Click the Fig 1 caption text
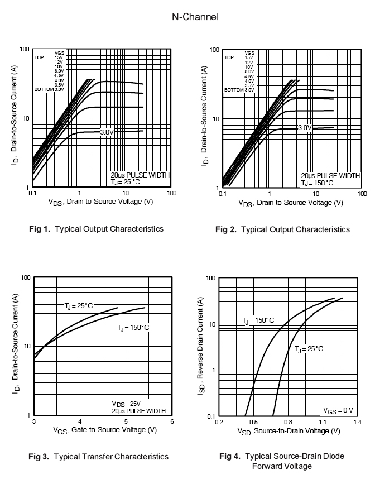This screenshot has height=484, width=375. tap(96, 229)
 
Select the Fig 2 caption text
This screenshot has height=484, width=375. tap(282, 229)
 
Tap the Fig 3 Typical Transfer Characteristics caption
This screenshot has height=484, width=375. tap(98, 457)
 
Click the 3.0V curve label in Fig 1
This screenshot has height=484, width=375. tap(107, 132)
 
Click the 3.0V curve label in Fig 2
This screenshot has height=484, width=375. tap(305, 128)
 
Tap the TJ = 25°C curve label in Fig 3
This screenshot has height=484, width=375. tap(79, 306)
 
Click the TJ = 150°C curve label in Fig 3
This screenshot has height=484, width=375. tap(133, 328)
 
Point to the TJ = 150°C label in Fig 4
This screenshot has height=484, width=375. tap(258, 320)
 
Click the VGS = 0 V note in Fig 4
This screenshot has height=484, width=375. tap(338, 410)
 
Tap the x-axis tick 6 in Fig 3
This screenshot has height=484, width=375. tap(172, 422)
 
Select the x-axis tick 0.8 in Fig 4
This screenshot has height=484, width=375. tap(289, 422)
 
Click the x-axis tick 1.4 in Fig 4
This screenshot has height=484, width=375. tap(357, 422)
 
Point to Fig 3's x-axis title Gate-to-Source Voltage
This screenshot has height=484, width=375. tap(105, 430)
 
